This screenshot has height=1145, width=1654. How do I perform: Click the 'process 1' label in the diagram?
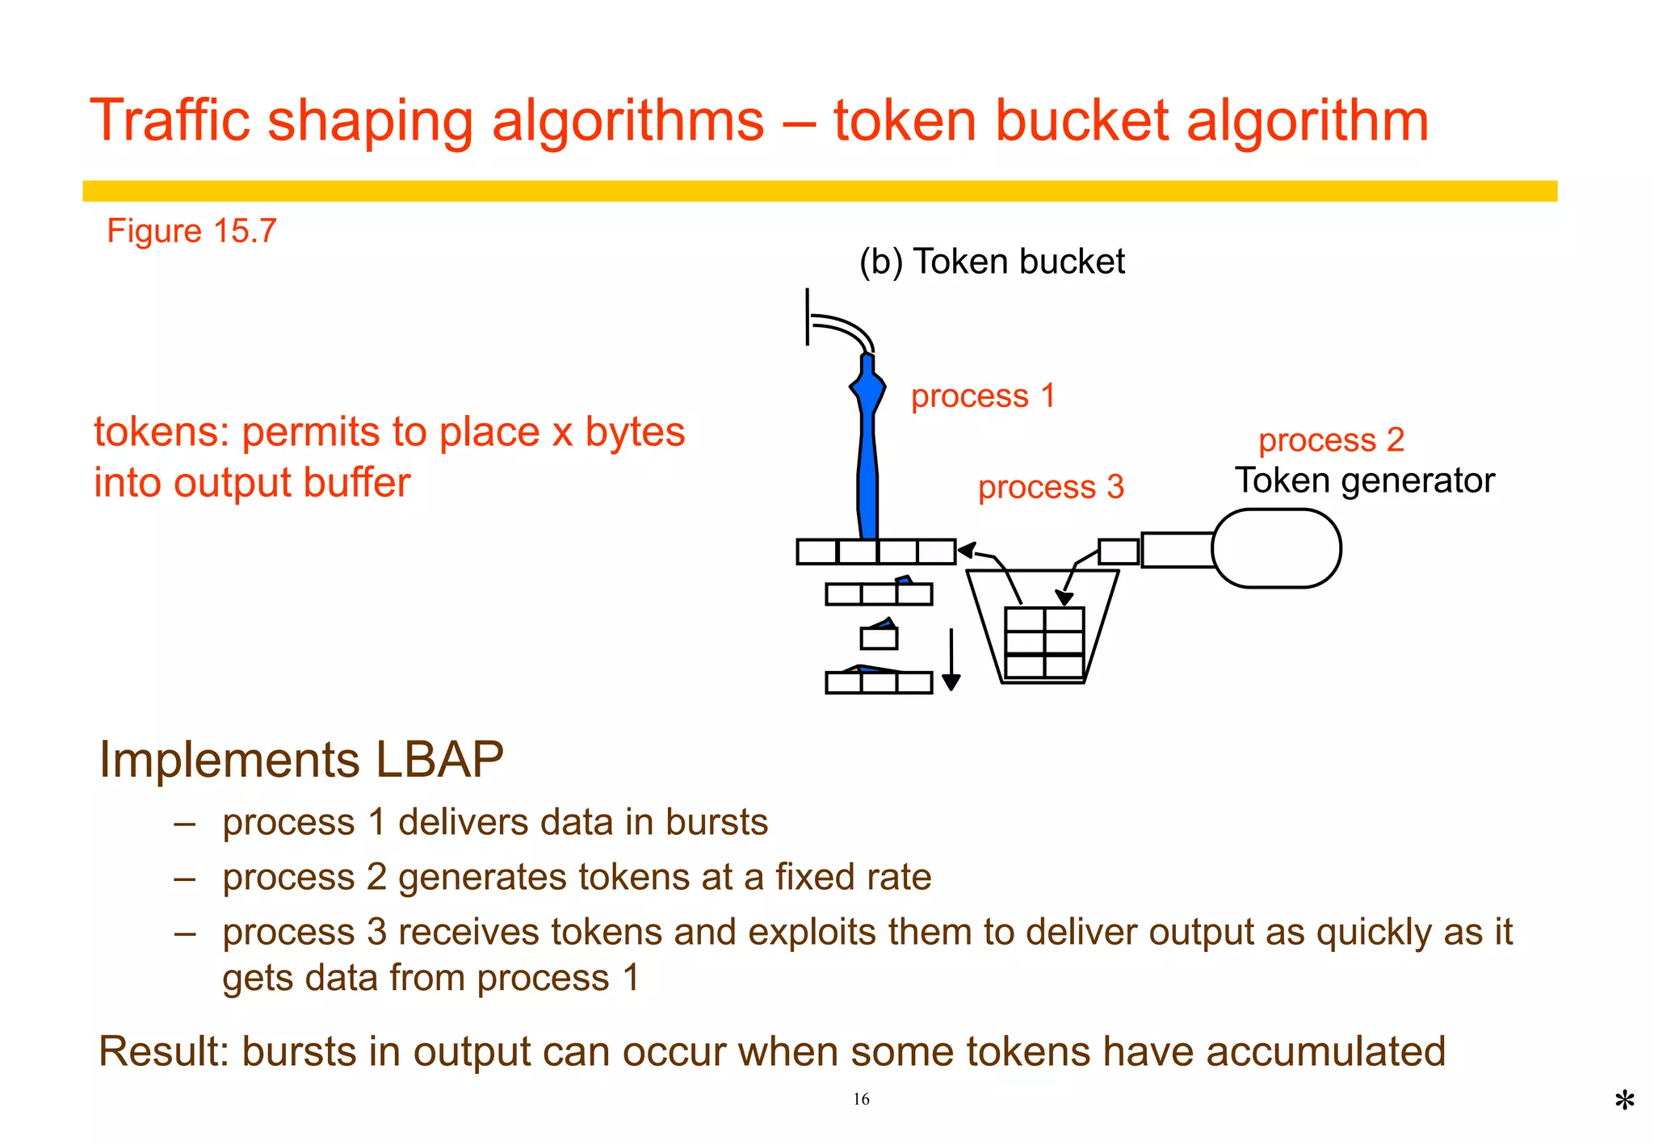[x=983, y=396]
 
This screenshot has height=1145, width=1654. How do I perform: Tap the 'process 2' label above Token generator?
[x=1331, y=440]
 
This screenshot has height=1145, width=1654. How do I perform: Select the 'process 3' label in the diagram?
[x=1051, y=487]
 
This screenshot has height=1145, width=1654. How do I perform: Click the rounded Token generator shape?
[x=1277, y=548]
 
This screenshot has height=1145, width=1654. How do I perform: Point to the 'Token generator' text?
[x=1364, y=480]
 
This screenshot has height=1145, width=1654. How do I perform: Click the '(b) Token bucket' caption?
[x=991, y=262]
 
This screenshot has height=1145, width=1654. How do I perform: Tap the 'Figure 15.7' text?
[x=191, y=231]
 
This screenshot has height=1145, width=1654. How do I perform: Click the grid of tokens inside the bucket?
[x=1044, y=643]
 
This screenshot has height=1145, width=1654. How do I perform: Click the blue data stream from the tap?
[x=867, y=452]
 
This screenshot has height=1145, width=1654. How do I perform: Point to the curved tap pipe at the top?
[x=844, y=329]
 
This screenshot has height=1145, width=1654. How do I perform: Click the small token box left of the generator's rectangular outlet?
[x=1119, y=552]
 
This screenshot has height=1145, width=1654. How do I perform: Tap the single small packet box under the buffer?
[x=879, y=638]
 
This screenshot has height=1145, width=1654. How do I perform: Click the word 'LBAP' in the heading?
[x=439, y=760]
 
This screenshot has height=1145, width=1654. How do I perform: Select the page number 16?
[x=861, y=1099]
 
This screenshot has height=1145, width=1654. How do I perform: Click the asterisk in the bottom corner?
[x=1624, y=1101]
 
